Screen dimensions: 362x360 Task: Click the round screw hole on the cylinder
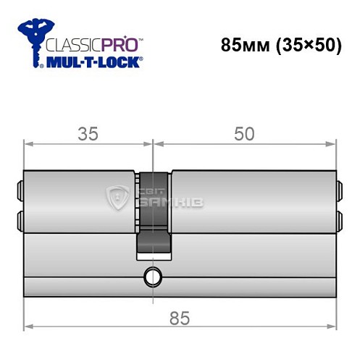coord(153,276)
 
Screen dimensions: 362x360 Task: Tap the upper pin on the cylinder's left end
coord(20,192)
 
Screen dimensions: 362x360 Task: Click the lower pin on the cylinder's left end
coord(20,217)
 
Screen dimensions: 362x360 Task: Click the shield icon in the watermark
coord(117,195)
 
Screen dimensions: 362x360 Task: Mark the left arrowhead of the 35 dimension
coord(28,145)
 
